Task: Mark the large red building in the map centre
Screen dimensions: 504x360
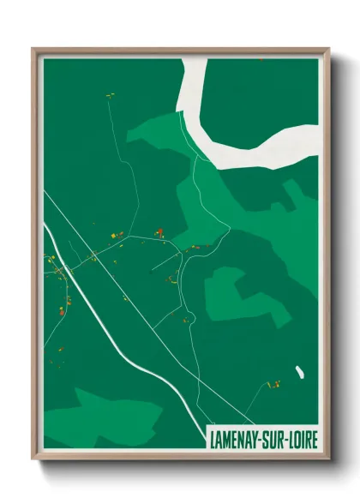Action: tap(159, 231)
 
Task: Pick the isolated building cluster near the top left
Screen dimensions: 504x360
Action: tap(110, 95)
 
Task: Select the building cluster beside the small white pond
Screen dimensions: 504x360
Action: tap(274, 384)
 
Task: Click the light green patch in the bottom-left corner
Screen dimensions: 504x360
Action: tap(103, 416)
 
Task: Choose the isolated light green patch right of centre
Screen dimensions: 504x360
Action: tap(225, 291)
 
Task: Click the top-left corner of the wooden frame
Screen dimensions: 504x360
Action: tap(33, 49)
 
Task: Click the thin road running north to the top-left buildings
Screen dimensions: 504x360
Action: tap(116, 146)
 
